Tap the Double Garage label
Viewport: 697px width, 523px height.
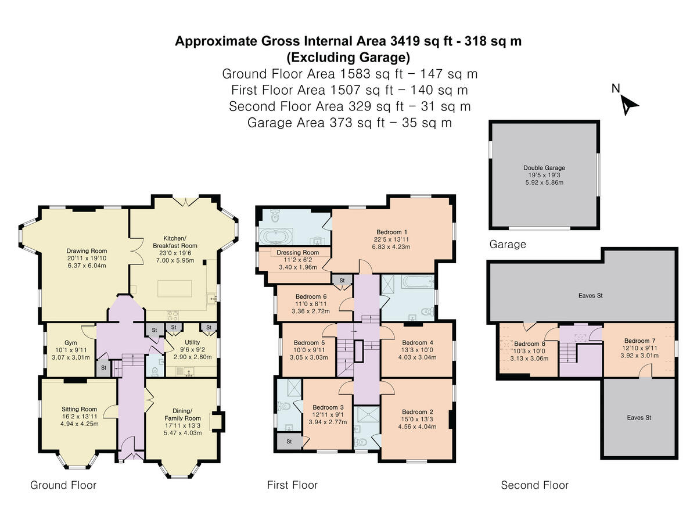544,167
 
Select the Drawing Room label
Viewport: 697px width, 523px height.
87,250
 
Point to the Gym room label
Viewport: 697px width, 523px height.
70,343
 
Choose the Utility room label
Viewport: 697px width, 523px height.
192,342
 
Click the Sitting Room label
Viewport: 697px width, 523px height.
79,409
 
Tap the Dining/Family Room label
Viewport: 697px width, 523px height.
182,414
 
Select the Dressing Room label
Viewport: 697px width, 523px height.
297,252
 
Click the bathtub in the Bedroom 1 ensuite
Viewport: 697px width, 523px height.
276,237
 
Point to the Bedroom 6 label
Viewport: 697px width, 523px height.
311,296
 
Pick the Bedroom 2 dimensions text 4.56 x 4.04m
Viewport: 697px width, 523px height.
417,427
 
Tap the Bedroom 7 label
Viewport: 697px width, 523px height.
639,341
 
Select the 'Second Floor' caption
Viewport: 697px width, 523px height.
534,485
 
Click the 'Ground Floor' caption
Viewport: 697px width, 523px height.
63,485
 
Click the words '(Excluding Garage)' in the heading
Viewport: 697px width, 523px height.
348,58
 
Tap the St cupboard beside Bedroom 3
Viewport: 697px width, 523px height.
289,442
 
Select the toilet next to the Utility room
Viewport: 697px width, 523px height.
155,371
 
